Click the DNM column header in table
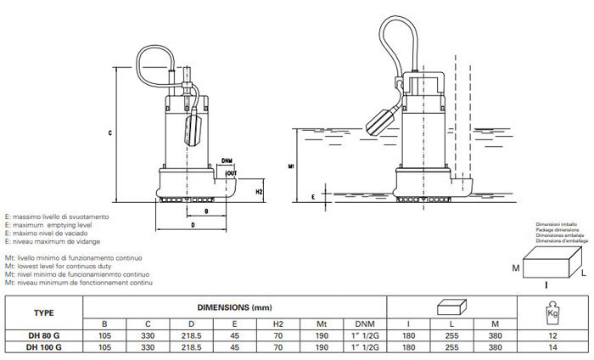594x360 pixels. pyautogui.click(x=356, y=323)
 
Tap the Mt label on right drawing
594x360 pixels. pyautogui.click(x=291, y=166)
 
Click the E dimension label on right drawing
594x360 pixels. pyautogui.click(x=315, y=194)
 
